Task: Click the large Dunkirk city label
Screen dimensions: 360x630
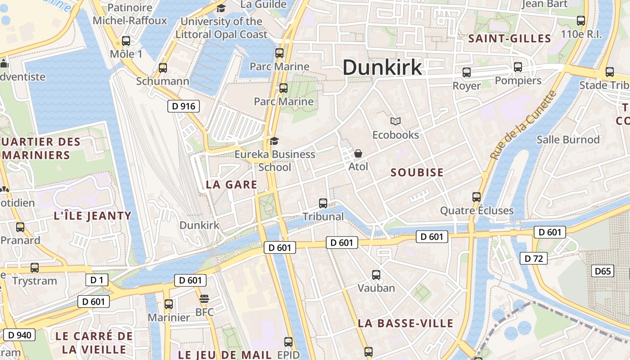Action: pyautogui.click(x=382, y=67)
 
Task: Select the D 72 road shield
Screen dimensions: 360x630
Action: pyautogui.click(x=534, y=258)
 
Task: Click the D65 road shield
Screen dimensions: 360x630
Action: pyautogui.click(x=603, y=271)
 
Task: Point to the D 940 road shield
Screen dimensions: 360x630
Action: pyautogui.click(x=19, y=334)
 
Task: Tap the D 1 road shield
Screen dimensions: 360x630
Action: pyautogui.click(x=97, y=280)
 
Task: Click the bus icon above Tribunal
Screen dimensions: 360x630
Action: pyautogui.click(x=323, y=203)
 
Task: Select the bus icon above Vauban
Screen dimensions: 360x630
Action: pyautogui.click(x=376, y=274)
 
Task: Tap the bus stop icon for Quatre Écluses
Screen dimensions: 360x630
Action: pyautogui.click(x=477, y=197)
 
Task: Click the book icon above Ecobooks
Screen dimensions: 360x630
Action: pyautogui.click(x=396, y=121)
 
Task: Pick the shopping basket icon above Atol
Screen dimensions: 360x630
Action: pyautogui.click(x=358, y=153)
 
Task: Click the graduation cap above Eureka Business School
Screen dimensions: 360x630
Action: pyautogui.click(x=274, y=141)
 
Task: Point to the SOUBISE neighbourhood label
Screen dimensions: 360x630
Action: pyautogui.click(x=417, y=172)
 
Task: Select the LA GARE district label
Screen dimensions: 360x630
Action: pyautogui.click(x=231, y=184)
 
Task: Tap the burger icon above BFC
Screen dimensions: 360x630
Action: pyautogui.click(x=204, y=298)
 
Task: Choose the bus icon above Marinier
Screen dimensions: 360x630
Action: pyautogui.click(x=169, y=304)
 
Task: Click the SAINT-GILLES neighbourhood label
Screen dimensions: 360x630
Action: pyautogui.click(x=509, y=39)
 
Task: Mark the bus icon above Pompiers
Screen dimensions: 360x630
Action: pyautogui.click(x=518, y=67)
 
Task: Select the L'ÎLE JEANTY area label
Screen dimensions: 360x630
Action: pyautogui.click(x=92, y=216)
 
